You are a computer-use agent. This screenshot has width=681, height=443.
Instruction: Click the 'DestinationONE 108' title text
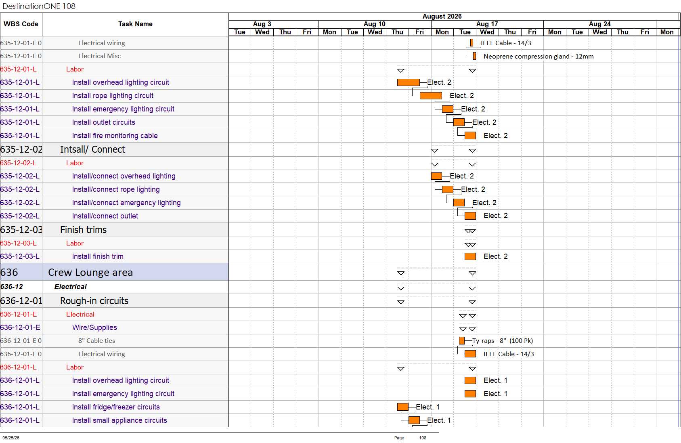(x=39, y=6)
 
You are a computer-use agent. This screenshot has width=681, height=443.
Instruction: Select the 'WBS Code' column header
(x=21, y=24)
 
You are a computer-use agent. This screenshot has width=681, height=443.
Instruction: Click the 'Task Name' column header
(x=135, y=24)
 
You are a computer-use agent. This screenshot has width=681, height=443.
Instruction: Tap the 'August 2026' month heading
(x=442, y=17)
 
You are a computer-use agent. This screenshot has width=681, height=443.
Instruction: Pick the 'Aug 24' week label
(x=599, y=24)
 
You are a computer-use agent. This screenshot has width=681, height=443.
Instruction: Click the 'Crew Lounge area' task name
(x=90, y=272)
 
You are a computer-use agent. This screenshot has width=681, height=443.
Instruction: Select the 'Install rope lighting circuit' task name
(x=113, y=96)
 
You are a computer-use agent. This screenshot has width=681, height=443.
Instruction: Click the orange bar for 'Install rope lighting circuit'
(x=431, y=96)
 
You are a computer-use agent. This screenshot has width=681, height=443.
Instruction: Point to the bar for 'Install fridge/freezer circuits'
(x=403, y=407)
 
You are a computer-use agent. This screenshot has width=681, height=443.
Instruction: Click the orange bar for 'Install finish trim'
(x=470, y=256)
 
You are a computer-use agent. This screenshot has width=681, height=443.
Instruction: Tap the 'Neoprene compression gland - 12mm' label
(x=539, y=57)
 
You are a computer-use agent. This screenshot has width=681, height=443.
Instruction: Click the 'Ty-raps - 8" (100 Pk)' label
(x=503, y=340)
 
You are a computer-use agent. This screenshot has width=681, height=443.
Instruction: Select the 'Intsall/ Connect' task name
(x=92, y=149)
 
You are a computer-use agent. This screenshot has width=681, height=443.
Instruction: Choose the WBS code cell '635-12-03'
(x=21, y=229)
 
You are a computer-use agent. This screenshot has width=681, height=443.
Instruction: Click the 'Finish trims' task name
(x=83, y=229)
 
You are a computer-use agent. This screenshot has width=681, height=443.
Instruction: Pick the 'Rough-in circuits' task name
(x=94, y=301)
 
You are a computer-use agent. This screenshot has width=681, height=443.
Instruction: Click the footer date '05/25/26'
(x=11, y=438)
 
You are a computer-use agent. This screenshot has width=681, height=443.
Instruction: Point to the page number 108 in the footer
(x=423, y=438)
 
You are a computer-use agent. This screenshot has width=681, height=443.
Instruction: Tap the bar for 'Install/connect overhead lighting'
(x=436, y=176)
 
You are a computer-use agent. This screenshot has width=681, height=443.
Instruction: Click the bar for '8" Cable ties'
(x=462, y=341)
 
